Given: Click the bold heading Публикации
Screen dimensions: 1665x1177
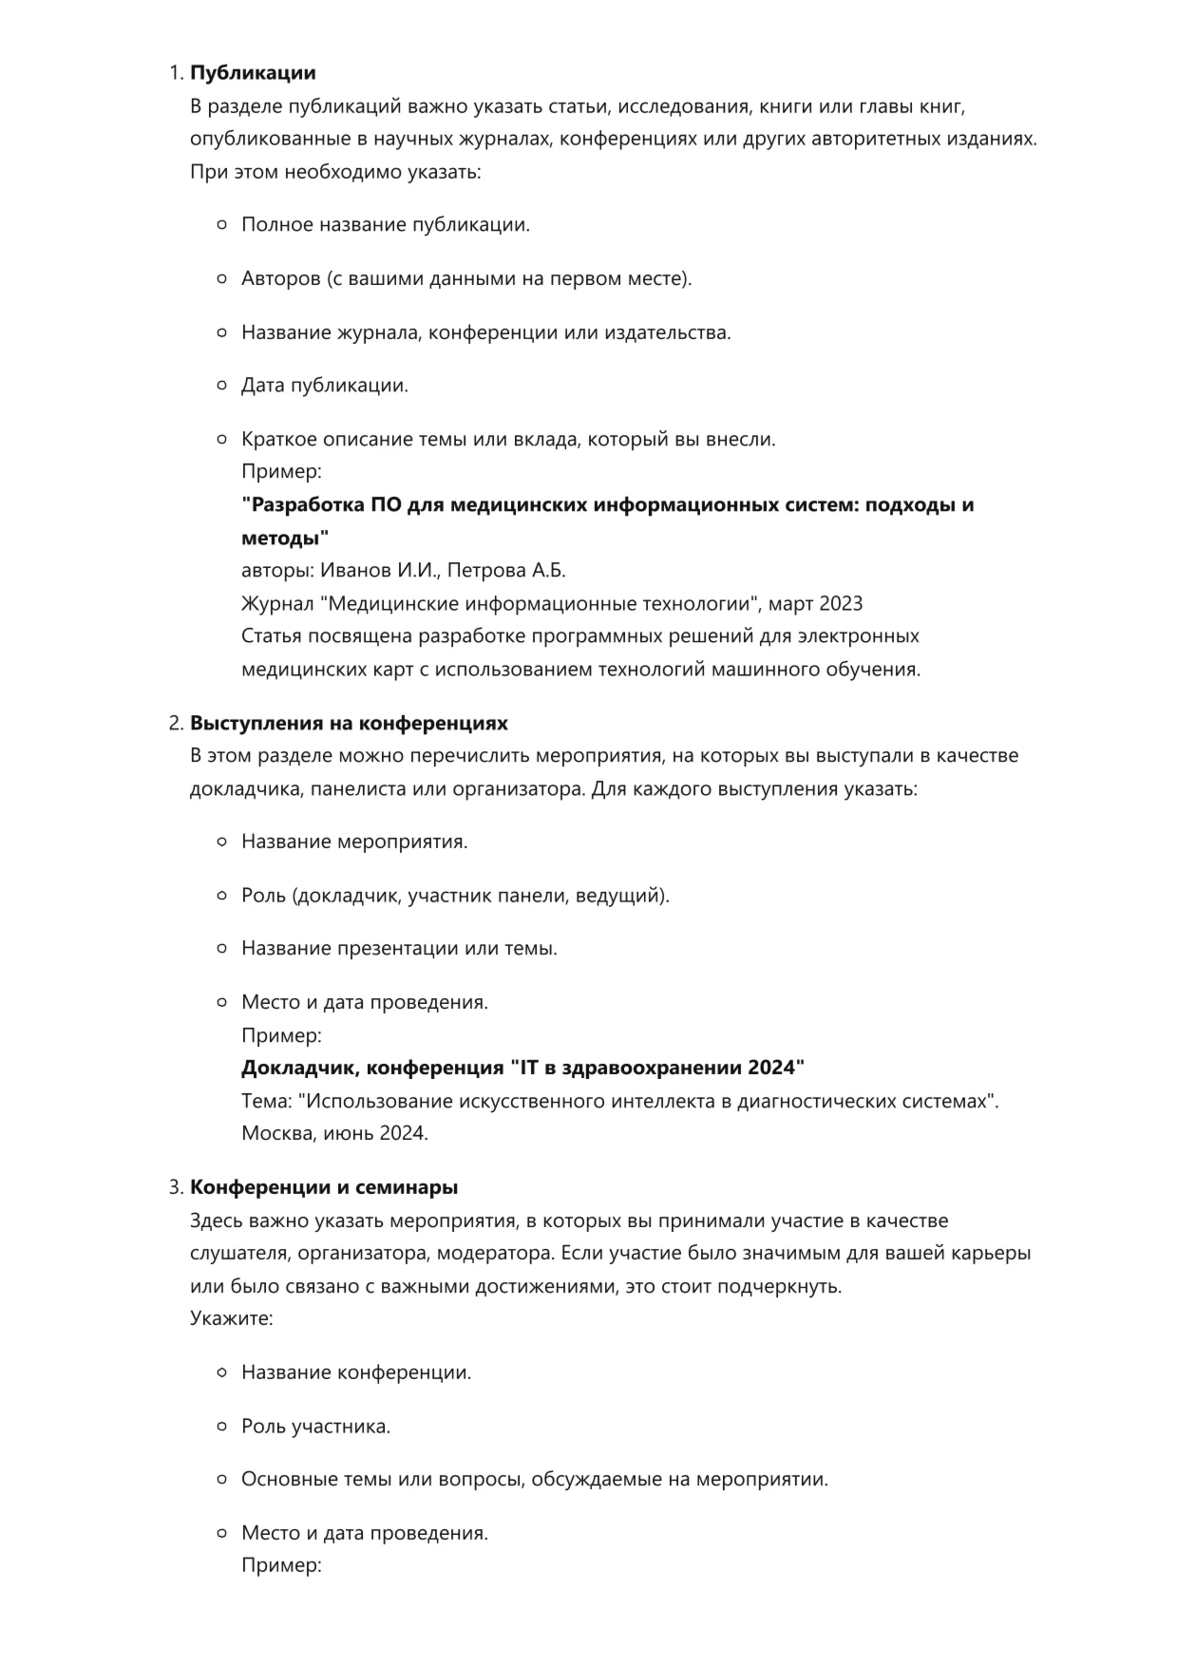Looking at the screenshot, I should [x=253, y=73].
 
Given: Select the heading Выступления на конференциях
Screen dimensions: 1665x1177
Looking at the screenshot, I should [x=349, y=724].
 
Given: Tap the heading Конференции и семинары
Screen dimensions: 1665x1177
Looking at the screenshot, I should [x=324, y=1187].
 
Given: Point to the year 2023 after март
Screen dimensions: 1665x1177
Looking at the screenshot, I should [x=840, y=604].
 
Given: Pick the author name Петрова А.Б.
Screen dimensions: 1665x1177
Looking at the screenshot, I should [x=506, y=571].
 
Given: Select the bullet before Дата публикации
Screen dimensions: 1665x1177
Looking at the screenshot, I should [x=221, y=386].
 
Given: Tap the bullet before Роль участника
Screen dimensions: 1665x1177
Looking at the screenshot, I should [x=221, y=1427].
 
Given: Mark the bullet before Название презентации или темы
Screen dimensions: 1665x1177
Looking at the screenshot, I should [x=221, y=949].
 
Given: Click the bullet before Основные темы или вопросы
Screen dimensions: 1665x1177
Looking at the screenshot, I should [x=221, y=1480].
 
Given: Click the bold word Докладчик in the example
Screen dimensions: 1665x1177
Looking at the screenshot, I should [x=299, y=1068].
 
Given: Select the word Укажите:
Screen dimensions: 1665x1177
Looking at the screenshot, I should [x=232, y=1318].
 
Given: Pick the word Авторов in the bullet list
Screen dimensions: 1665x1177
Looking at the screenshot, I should [x=281, y=279].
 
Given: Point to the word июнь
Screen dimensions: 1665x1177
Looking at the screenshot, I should [x=349, y=1133].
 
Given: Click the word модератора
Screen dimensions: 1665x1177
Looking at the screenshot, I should [x=494, y=1253].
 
